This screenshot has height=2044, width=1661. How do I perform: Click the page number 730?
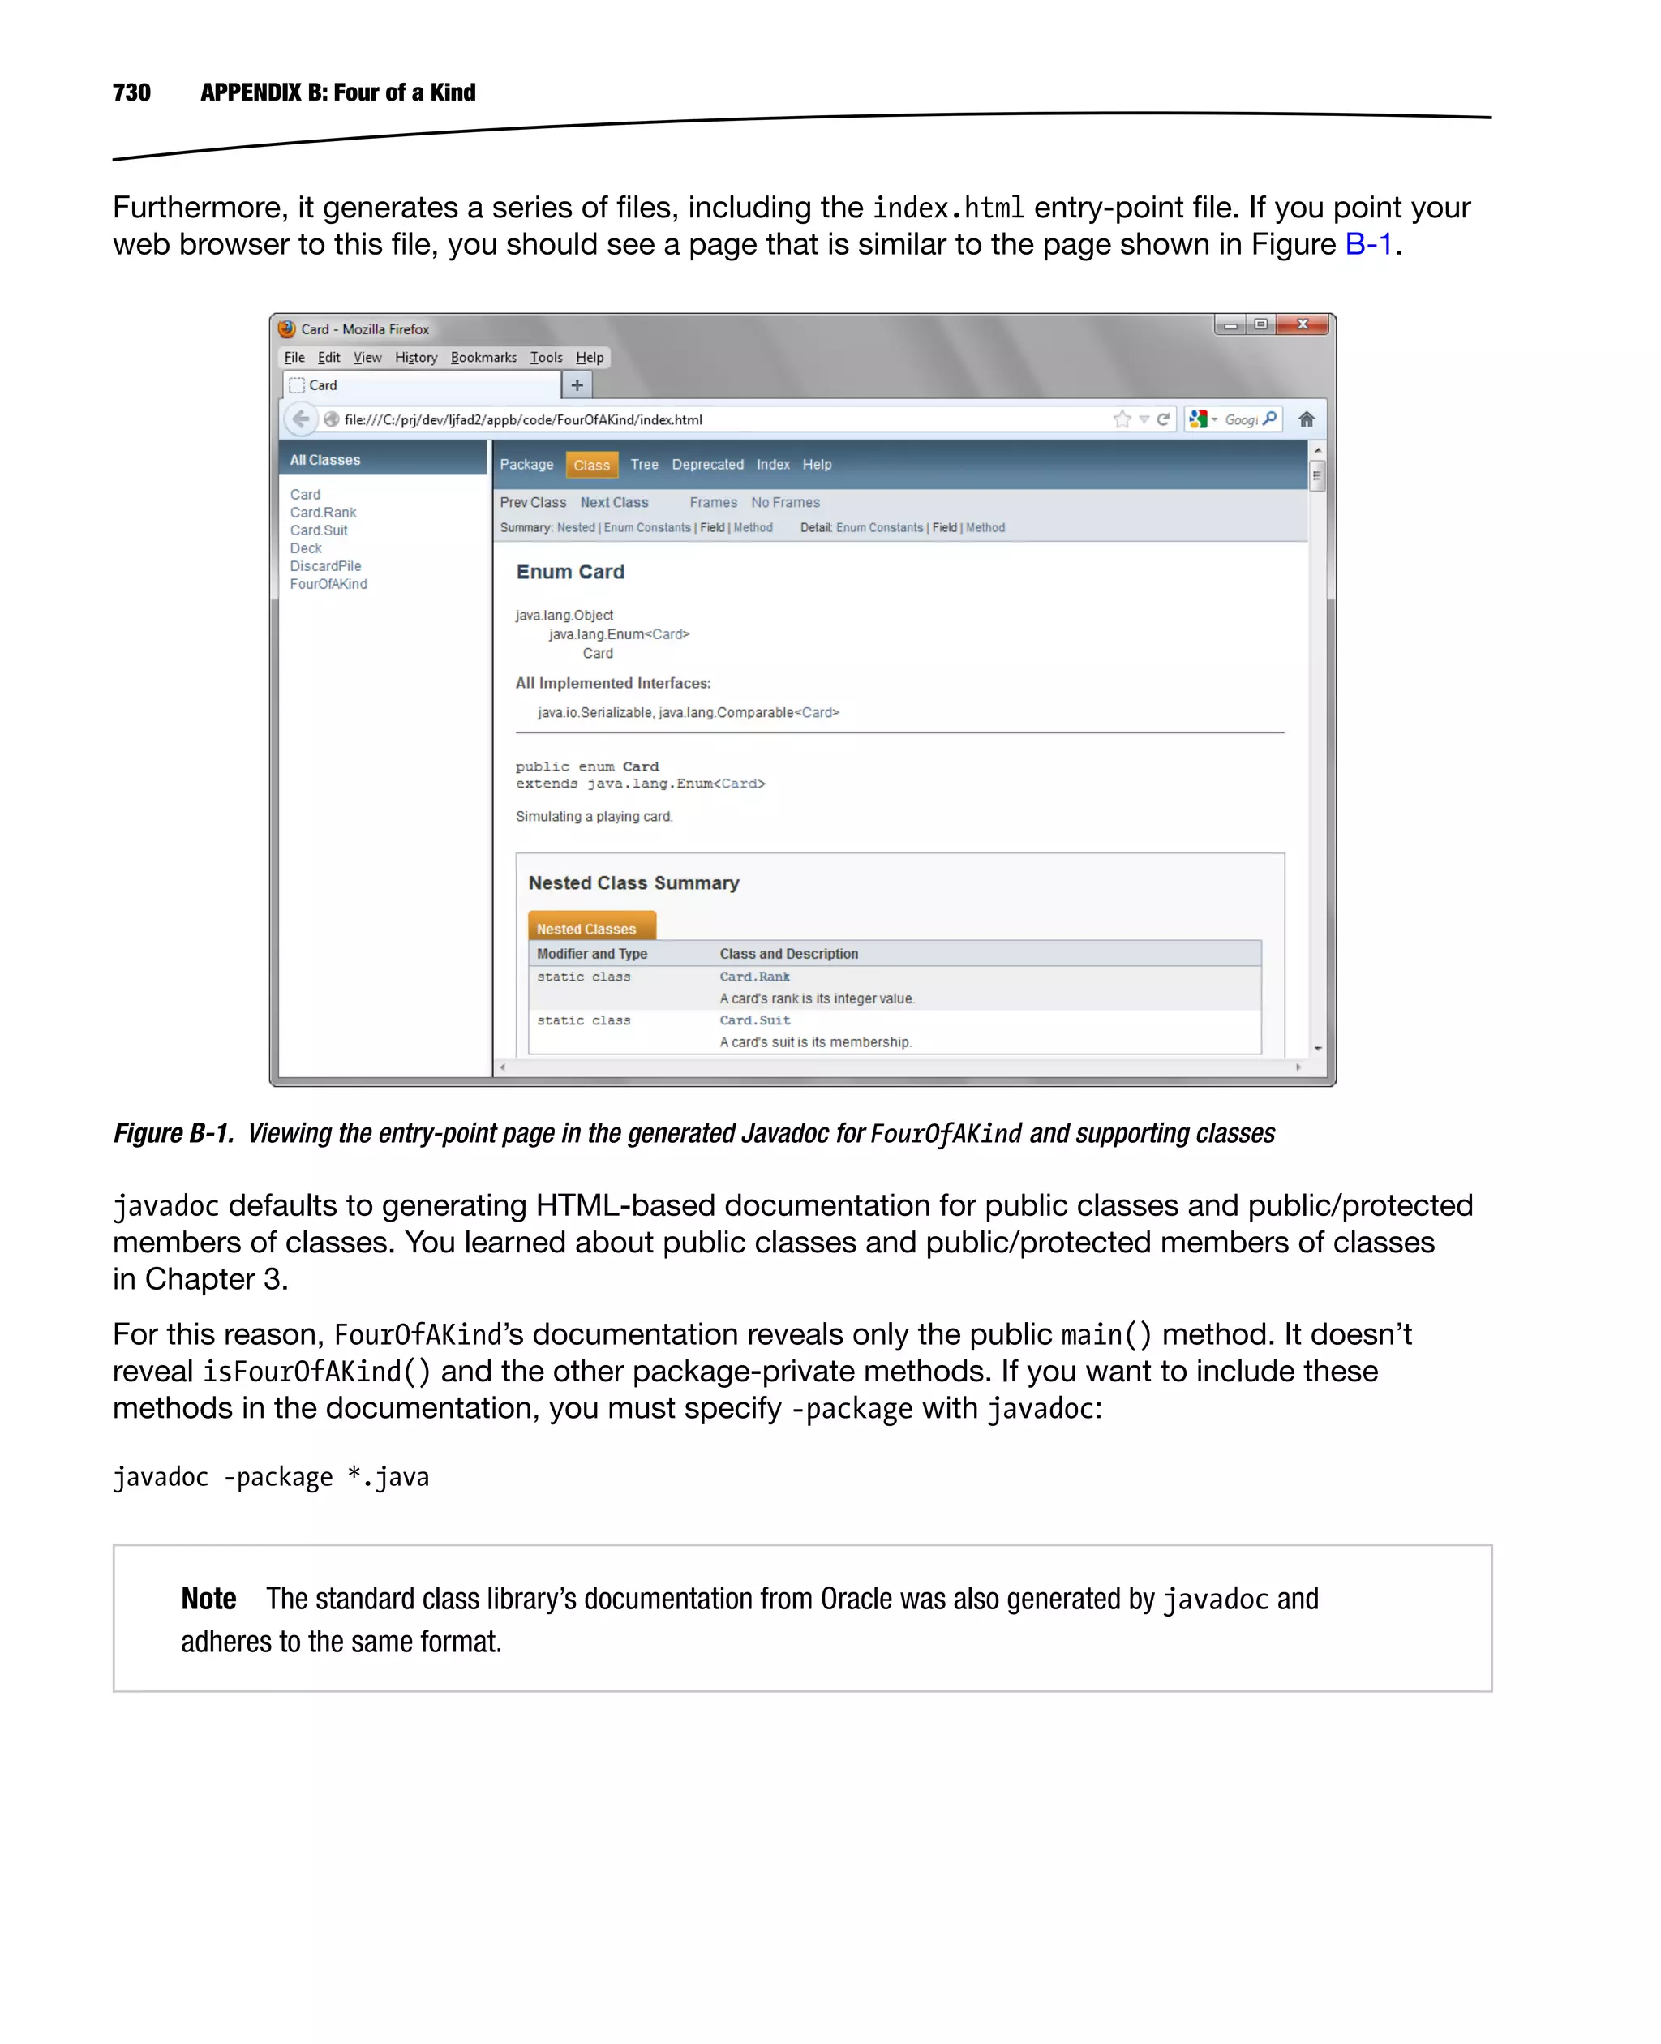pyautogui.click(x=131, y=92)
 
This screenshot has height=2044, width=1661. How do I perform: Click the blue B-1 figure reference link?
pyautogui.click(x=1368, y=245)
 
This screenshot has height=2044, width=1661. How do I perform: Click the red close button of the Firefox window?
pyautogui.click(x=1303, y=325)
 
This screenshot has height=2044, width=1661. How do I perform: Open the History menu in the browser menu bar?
pyautogui.click(x=415, y=358)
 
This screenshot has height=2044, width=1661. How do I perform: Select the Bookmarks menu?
pyautogui.click(x=483, y=358)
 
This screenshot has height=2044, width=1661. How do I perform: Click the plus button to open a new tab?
pyautogui.click(x=577, y=385)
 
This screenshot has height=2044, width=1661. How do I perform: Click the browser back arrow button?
pyautogui.click(x=300, y=419)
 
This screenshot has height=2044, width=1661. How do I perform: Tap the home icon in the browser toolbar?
pyautogui.click(x=1306, y=419)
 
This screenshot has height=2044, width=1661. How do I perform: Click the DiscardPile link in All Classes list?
pyautogui.click(x=325, y=566)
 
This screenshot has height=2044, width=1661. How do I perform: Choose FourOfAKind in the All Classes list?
pyautogui.click(x=328, y=585)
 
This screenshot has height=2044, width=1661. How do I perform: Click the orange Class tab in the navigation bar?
pyautogui.click(x=591, y=465)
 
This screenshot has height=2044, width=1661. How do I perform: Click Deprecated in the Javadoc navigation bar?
pyautogui.click(x=707, y=465)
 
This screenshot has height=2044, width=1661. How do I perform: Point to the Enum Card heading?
pyautogui.click(x=570, y=573)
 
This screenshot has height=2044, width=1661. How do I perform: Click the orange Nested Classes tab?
pyautogui.click(x=586, y=928)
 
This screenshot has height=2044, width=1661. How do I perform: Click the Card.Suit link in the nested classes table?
pyautogui.click(x=755, y=1021)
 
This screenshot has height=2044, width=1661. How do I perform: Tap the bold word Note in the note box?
pyautogui.click(x=208, y=1598)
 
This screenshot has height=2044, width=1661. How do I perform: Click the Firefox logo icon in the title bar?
pyautogui.click(x=287, y=329)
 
